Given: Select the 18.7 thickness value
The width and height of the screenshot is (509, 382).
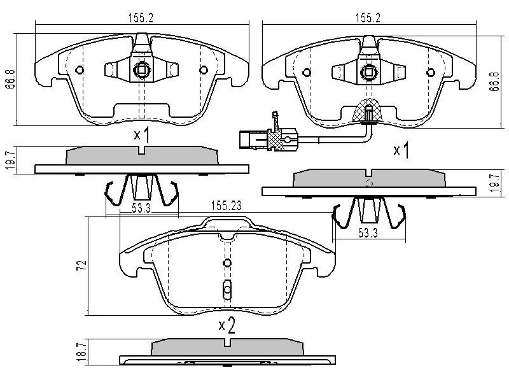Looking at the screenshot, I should point(81,351).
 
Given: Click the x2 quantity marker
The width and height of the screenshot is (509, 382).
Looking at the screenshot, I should point(227,326).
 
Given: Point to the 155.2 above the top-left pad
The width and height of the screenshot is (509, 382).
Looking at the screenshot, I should point(141,18).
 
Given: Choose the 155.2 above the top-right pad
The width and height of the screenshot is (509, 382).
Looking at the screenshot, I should point(369,18).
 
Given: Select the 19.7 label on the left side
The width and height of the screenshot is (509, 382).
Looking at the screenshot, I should point(9,159).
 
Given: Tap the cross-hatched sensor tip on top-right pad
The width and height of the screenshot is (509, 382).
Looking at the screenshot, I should point(368,112).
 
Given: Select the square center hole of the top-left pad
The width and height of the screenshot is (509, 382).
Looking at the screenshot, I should point(141,71).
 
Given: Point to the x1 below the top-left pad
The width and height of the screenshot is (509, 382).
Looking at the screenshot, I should point(141,135).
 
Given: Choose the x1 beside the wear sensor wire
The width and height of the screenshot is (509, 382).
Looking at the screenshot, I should point(401,151).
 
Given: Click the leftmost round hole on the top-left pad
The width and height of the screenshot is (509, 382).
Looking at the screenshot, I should point(79,70).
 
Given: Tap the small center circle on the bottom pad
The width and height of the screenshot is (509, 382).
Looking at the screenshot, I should point(227,263).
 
